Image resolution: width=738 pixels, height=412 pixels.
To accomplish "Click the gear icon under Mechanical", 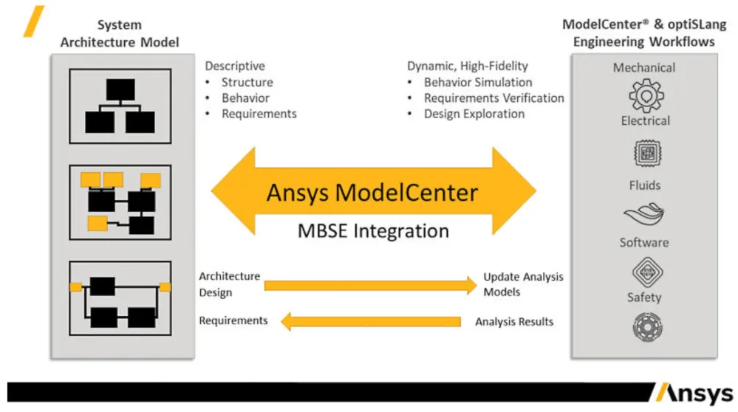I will [645, 95].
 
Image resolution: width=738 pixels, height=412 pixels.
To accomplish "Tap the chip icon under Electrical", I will [645, 154].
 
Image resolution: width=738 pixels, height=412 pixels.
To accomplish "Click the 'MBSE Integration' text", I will [373, 231].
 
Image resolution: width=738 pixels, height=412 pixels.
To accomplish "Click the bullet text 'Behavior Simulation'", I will [477, 82].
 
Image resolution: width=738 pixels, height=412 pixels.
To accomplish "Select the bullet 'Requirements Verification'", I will [493, 98].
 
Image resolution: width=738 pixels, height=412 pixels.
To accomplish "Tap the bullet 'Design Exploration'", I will [474, 114].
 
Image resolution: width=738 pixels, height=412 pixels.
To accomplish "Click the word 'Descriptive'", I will [235, 66].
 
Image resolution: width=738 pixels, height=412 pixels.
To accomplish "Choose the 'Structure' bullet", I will [247, 83].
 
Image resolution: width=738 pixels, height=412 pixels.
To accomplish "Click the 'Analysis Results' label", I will [514, 322].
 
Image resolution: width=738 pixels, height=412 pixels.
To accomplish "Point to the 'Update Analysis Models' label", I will [523, 284].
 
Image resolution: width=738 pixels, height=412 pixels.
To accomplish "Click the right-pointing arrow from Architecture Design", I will [370, 285].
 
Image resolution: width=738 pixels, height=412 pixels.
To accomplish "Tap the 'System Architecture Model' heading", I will [120, 33].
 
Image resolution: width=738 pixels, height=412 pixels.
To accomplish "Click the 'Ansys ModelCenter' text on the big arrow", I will [372, 193].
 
